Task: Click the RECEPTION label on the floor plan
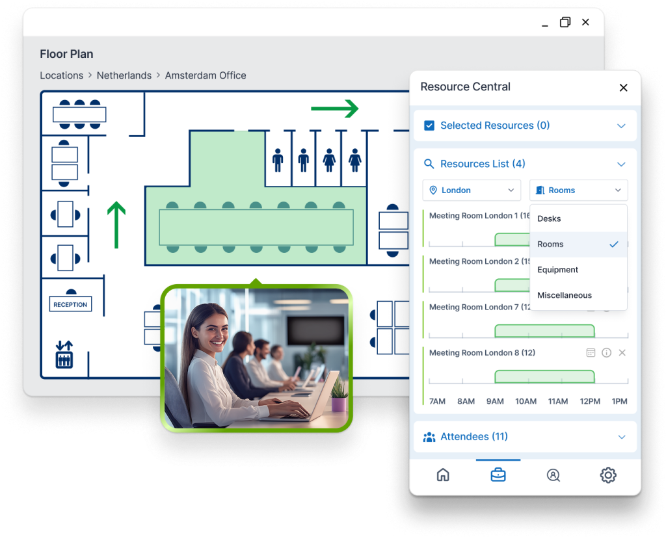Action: point(70,304)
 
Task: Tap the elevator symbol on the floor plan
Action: point(64,354)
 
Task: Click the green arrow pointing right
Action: point(334,109)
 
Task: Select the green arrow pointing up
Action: point(116,225)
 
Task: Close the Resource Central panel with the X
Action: point(623,88)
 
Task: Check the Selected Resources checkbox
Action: point(429,125)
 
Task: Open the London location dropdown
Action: point(472,190)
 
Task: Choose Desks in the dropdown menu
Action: point(550,218)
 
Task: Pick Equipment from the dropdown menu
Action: point(558,270)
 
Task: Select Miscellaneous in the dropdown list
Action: point(565,295)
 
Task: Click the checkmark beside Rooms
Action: point(613,244)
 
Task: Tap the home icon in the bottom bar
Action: point(443,475)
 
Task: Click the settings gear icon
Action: point(608,475)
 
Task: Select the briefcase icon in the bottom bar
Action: point(498,475)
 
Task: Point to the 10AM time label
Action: point(526,401)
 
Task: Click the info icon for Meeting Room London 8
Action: point(606,353)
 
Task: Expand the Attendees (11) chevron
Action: point(621,437)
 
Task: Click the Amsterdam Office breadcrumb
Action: point(206,75)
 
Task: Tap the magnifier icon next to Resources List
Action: point(429,164)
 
